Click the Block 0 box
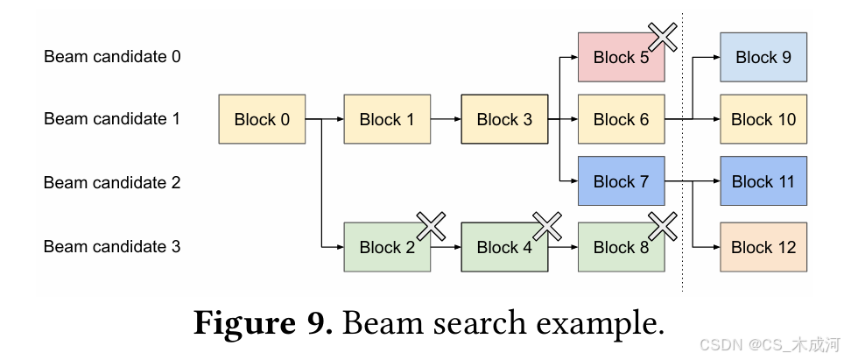point(262,119)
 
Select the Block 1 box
point(387,119)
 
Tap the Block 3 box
point(504,119)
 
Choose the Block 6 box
point(621,119)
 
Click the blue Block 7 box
point(621,181)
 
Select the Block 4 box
point(504,247)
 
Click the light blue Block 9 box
point(763,58)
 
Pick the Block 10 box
point(763,119)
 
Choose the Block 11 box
point(763,181)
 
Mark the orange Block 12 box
point(763,247)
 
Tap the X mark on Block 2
point(431,226)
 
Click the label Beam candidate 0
point(113,57)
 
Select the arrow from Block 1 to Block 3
point(446,119)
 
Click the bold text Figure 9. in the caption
point(261,324)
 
